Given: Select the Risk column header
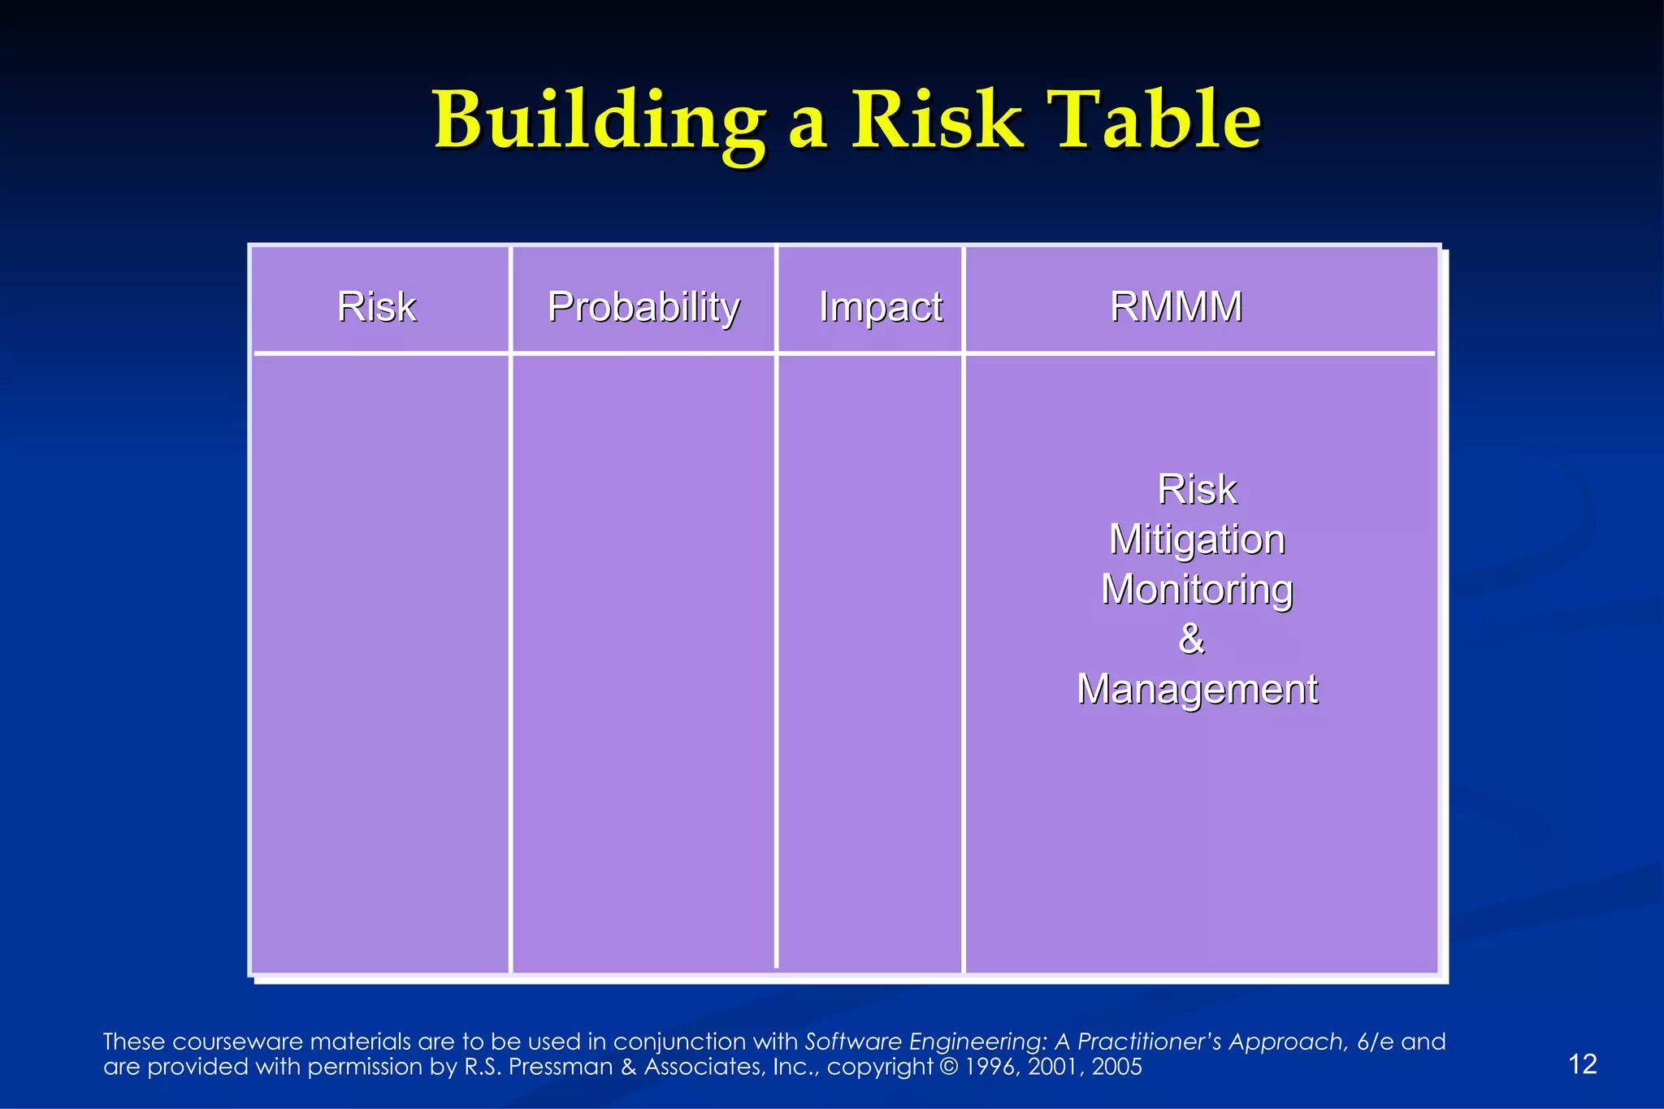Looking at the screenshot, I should point(377,307).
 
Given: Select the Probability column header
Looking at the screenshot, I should point(643,308).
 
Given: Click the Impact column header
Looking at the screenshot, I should point(881,307).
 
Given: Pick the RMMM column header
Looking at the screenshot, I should point(1176,307).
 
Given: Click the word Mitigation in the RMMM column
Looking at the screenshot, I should point(1197,539).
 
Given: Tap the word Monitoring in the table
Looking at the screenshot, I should point(1197,590).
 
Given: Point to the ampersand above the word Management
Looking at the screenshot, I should point(1191,639).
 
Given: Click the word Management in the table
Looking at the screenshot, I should point(1197,689).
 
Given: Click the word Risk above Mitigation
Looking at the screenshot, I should point(1197,490).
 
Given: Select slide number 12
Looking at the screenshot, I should point(1582,1064).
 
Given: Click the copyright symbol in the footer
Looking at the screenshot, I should point(948,1067).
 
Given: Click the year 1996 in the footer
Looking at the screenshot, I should point(991,1067).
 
